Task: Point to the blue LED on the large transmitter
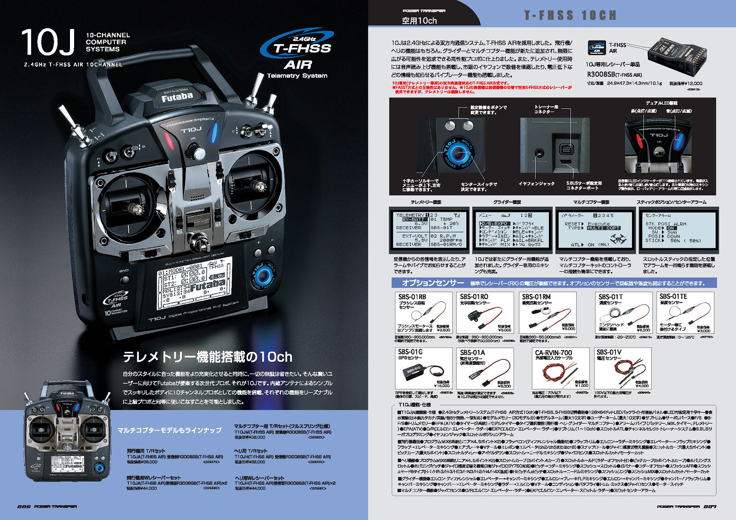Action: [x=214, y=133]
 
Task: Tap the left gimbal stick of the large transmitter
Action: [x=136, y=208]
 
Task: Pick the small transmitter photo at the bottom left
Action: [x=67, y=431]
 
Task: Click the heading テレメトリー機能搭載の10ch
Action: [x=207, y=357]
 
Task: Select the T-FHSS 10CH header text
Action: [x=570, y=15]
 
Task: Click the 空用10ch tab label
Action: [x=419, y=21]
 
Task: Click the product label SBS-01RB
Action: [x=412, y=297]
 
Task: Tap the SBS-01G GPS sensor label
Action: [x=410, y=352]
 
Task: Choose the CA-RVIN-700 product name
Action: [x=553, y=353]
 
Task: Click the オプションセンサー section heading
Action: [x=433, y=283]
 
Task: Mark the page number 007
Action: [x=710, y=507]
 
